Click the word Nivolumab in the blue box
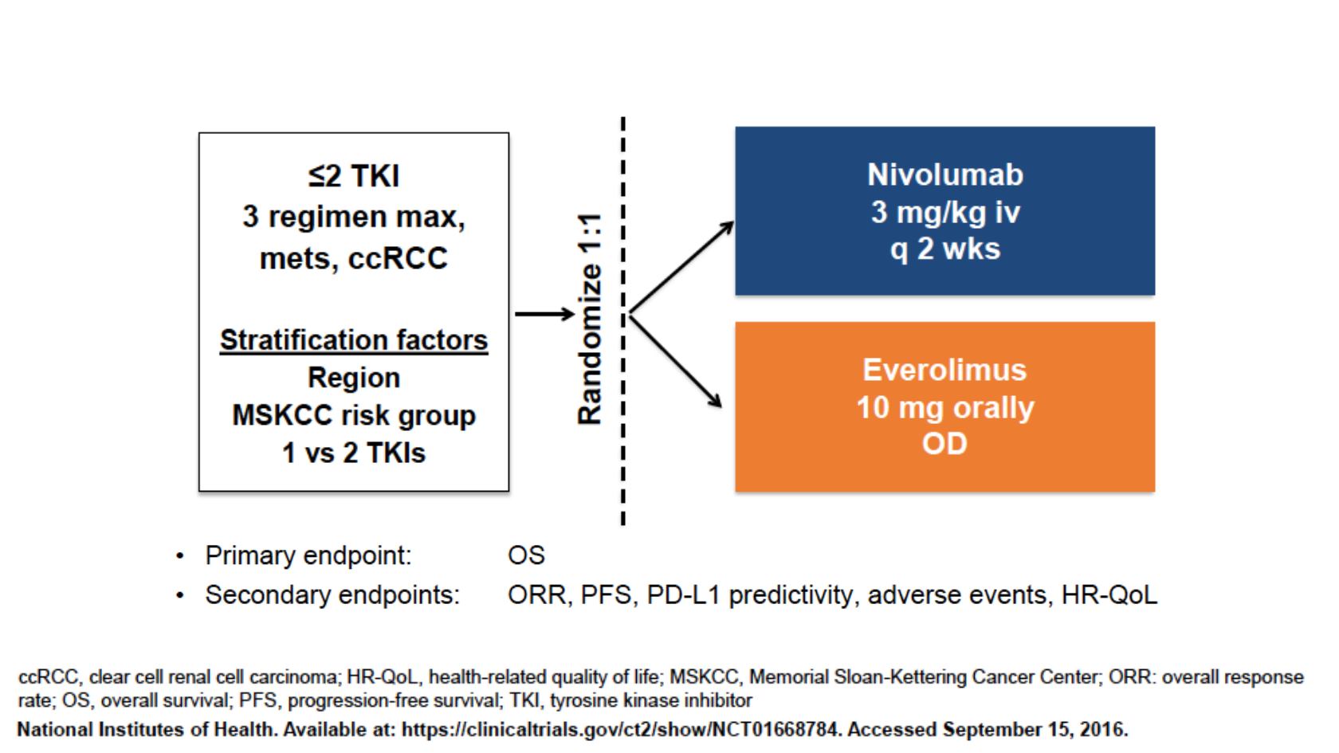(945, 175)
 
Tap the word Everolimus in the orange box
(944, 370)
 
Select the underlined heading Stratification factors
(354, 341)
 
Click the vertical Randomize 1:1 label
(590, 319)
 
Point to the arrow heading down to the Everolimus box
(676, 361)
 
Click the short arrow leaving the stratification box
(544, 314)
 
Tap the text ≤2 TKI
(354, 176)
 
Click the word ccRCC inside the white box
(398, 259)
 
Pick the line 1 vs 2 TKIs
(354, 453)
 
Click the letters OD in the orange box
(944, 444)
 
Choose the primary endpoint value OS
(526, 555)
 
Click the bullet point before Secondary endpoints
(180, 595)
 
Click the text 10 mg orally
(945, 408)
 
